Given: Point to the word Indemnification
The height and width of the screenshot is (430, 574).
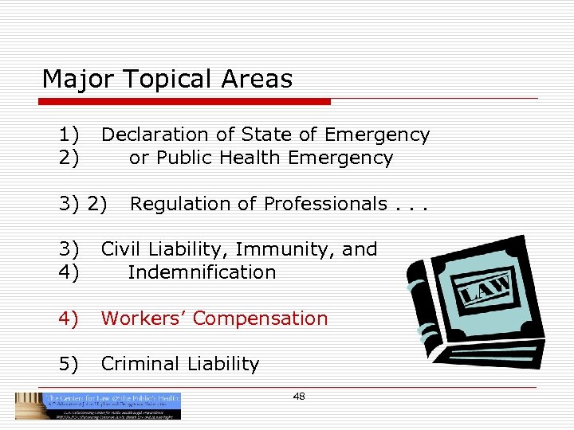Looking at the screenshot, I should (x=202, y=272).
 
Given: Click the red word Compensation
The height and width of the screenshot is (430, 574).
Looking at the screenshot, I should (x=260, y=319).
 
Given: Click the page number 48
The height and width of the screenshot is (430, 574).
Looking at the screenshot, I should (x=299, y=397).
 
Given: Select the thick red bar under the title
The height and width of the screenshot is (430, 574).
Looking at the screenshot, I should (x=187, y=102).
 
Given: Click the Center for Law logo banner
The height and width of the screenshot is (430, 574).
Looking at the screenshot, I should (x=99, y=405).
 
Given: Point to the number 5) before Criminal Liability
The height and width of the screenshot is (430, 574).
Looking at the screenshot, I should (x=69, y=364).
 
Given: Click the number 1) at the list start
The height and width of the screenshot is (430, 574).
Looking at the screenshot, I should (x=69, y=135).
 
